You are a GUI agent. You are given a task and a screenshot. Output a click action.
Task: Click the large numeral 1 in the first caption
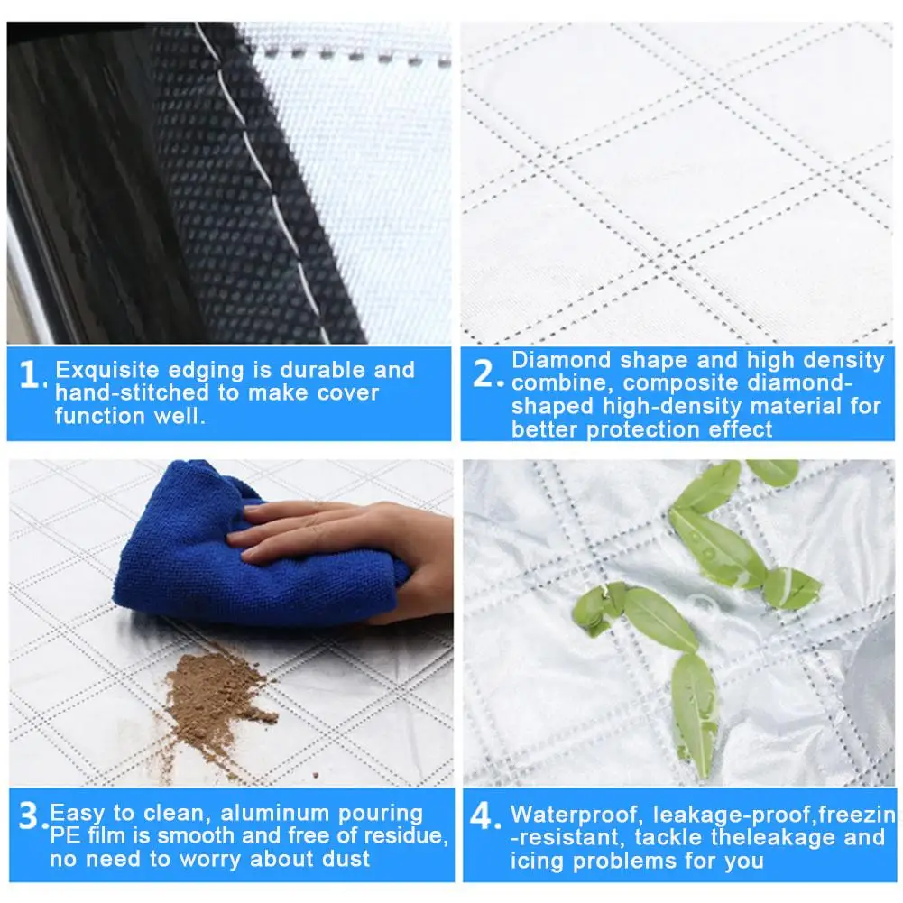pyautogui.click(x=29, y=374)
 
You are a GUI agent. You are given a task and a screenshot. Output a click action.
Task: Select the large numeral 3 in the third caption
pyautogui.click(x=30, y=815)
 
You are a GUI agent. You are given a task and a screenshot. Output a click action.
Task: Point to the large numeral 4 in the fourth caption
pyautogui.click(x=481, y=816)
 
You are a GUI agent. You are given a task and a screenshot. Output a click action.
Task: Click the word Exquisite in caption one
pyautogui.click(x=107, y=370)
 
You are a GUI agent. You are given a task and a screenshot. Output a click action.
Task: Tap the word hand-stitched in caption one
pyautogui.click(x=132, y=392)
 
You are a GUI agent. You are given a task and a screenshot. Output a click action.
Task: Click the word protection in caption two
pyautogui.click(x=643, y=429)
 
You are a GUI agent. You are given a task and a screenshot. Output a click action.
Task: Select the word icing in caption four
pyautogui.click(x=538, y=862)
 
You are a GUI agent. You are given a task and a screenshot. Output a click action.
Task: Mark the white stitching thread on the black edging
pyautogui.click(x=265, y=184)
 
